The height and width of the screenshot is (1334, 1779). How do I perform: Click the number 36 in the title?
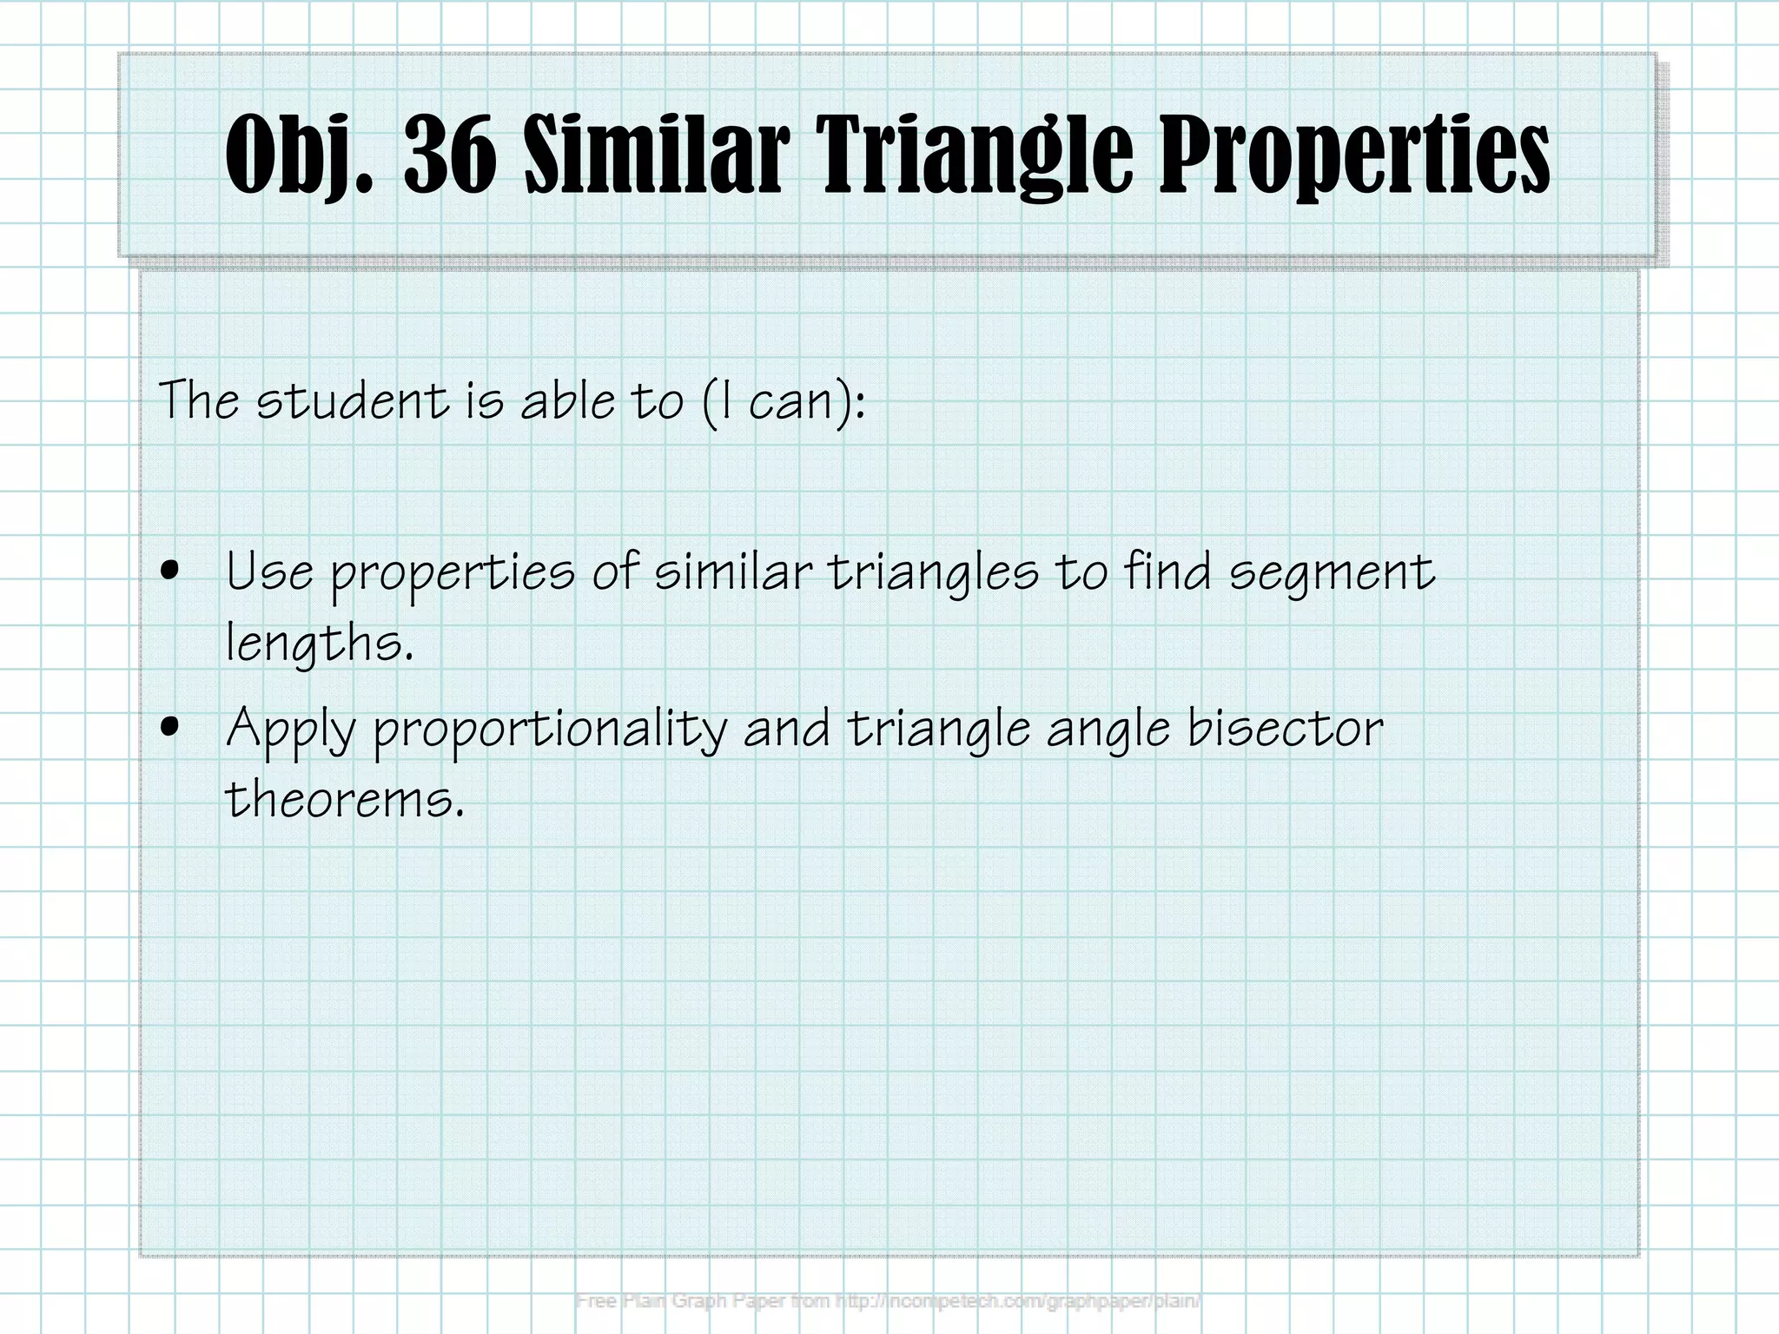[450, 155]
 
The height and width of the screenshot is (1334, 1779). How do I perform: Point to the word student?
[353, 401]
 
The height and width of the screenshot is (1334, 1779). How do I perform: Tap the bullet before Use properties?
[170, 571]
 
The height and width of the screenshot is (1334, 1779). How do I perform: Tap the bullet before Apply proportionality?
[170, 728]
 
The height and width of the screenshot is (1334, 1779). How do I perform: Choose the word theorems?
[344, 799]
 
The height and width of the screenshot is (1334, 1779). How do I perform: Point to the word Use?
[269, 573]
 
